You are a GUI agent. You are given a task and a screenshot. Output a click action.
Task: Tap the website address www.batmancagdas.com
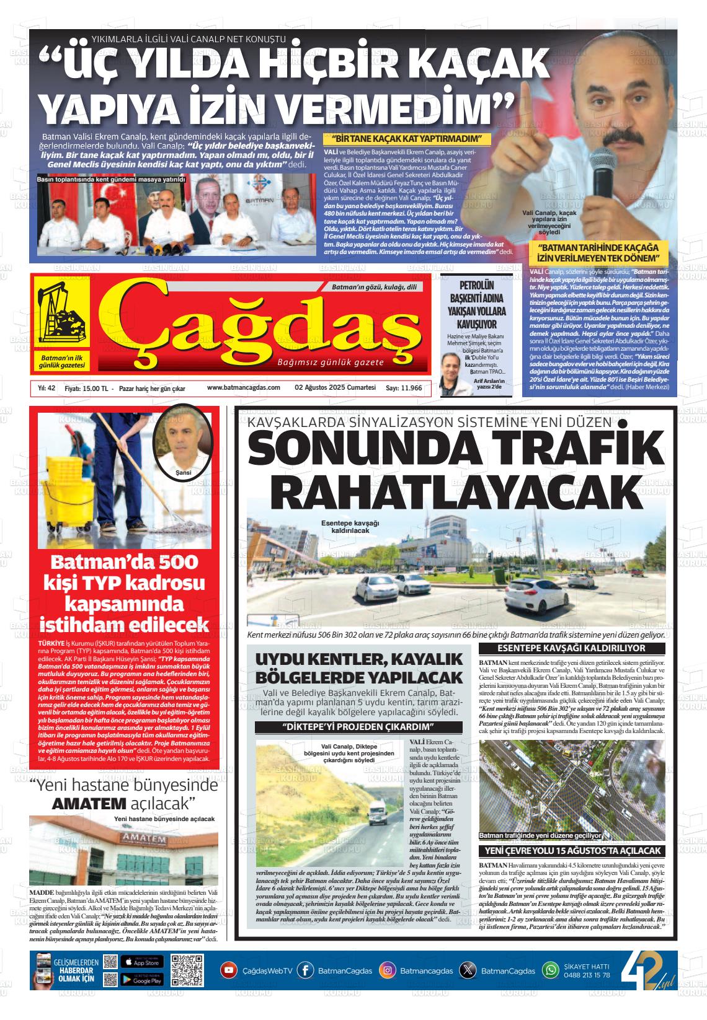click(x=243, y=387)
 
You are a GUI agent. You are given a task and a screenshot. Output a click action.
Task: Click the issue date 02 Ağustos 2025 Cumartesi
click(x=336, y=387)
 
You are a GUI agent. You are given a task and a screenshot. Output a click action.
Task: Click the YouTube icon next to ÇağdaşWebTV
click(x=229, y=970)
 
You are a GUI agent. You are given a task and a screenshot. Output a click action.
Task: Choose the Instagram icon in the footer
click(x=388, y=970)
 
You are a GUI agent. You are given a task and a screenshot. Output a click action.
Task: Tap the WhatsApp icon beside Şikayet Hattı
click(x=551, y=970)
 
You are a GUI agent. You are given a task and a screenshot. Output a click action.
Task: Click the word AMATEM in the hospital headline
click(x=90, y=804)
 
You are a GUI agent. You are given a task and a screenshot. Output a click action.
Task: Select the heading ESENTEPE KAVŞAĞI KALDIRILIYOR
click(x=571, y=648)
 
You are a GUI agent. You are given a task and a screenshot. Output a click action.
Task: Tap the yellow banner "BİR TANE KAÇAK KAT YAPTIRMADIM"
click(x=407, y=139)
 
